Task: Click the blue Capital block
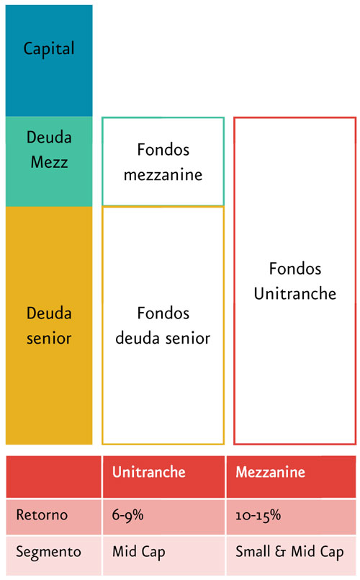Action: click(x=49, y=61)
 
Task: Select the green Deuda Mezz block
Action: click(x=49, y=161)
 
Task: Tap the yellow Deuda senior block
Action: click(x=49, y=326)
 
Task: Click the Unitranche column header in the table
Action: click(x=163, y=477)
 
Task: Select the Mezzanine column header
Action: click(x=292, y=477)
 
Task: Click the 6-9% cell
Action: click(x=163, y=517)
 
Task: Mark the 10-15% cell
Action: click(x=292, y=517)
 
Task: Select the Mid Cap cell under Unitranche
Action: click(x=163, y=556)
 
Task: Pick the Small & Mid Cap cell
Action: click(x=292, y=556)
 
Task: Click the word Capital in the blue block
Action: click(x=49, y=49)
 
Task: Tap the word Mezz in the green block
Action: click(x=49, y=162)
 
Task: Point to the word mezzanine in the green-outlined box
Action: click(x=163, y=174)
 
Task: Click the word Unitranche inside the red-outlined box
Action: click(x=295, y=294)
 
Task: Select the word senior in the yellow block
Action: click(x=49, y=338)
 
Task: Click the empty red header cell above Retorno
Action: click(x=53, y=477)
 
